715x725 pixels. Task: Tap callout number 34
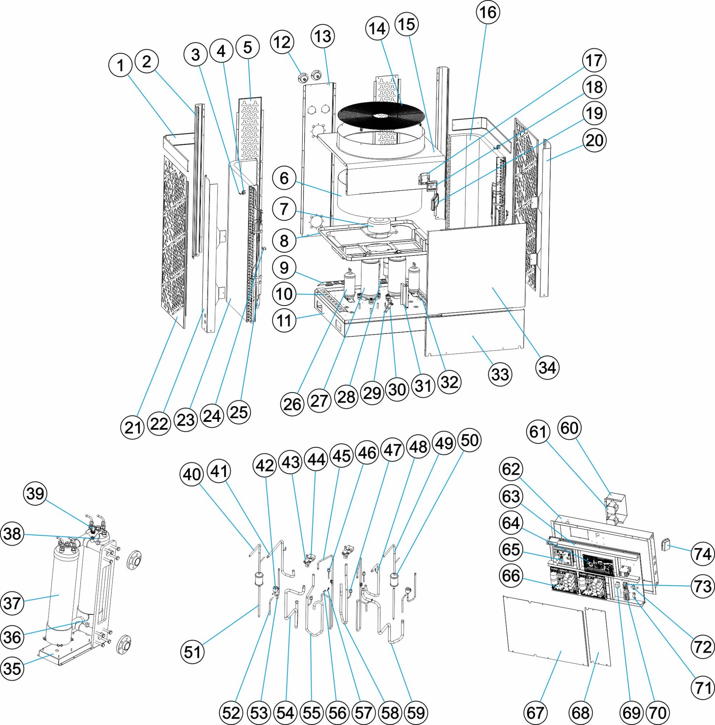pos(547,367)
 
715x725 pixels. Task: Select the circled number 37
pos(12,604)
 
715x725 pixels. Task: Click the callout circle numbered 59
pos(415,712)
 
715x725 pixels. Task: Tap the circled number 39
pos(35,494)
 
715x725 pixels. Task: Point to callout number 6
pos(284,178)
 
